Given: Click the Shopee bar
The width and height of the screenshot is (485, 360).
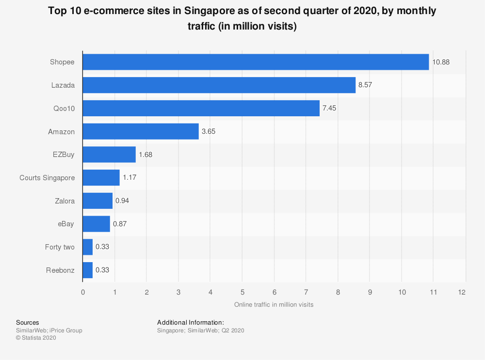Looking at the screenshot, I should point(256,62).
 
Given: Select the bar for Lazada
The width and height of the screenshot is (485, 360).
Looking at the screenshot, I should point(219,85).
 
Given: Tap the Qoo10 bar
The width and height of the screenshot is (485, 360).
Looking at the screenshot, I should point(201,108).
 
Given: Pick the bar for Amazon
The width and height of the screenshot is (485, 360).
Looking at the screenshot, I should point(141,131).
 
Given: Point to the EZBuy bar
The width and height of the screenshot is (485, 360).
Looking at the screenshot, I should point(109,155).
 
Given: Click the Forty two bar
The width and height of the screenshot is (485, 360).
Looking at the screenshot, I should point(88,247).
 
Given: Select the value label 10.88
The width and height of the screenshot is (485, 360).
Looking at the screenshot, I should point(441,62).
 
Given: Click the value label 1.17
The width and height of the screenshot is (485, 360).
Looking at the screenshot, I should point(129,178).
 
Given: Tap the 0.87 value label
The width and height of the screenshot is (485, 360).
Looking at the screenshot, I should point(120,224).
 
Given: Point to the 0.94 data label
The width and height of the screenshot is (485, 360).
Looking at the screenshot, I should point(122,201).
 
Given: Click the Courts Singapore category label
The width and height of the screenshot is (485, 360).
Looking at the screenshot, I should point(47,178).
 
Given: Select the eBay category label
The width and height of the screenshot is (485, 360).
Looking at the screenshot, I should point(65,224).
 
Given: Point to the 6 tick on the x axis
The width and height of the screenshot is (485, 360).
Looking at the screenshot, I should point(274,292).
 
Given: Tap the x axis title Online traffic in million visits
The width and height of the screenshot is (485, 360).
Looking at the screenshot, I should point(274,305).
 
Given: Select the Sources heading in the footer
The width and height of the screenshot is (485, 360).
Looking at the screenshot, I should point(28,322).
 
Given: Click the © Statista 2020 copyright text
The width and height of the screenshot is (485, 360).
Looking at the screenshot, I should point(36,338).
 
